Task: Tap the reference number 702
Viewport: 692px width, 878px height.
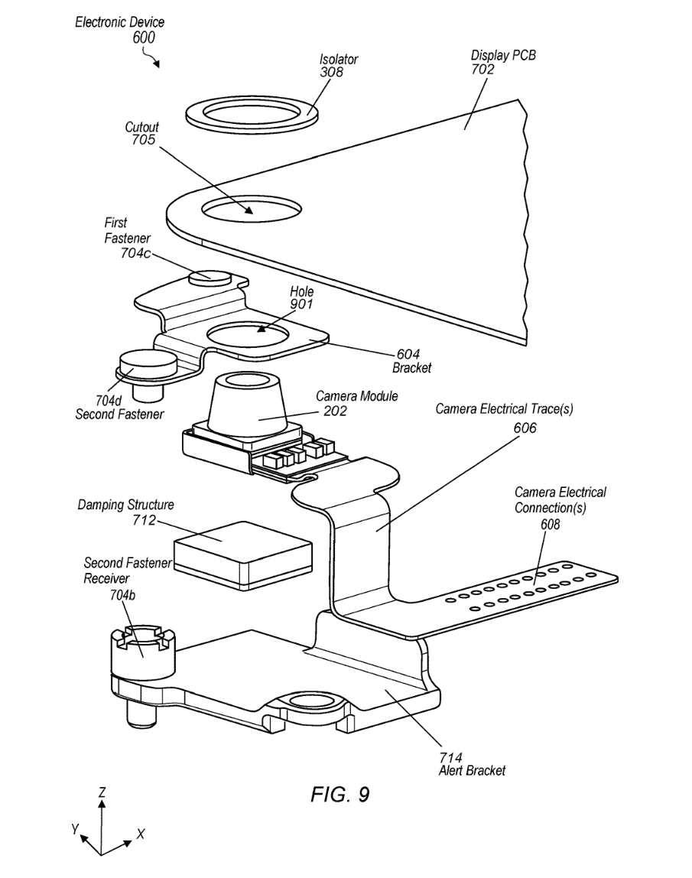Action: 482,70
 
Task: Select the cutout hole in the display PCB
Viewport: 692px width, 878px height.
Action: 249,209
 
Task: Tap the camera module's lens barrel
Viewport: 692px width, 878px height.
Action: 249,398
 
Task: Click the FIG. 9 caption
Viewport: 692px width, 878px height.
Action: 340,794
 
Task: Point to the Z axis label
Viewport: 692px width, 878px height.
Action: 101,792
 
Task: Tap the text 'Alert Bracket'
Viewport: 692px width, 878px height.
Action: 472,771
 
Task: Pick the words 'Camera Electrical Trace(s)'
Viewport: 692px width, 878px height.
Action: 504,410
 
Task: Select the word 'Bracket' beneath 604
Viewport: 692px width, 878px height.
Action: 412,368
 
